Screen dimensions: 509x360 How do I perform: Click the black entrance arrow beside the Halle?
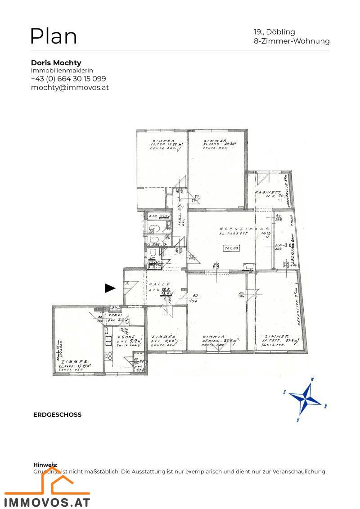pos(110,288)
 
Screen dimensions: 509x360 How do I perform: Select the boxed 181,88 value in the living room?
pos(234,248)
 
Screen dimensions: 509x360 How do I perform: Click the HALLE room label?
pos(159,284)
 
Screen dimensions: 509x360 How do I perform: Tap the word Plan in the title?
pos(54,36)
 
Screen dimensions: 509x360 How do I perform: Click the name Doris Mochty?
pos(56,63)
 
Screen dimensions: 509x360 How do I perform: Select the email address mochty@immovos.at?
pos(70,87)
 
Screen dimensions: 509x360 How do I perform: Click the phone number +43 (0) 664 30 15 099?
pos(68,79)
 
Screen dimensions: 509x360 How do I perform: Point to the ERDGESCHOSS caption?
pos(57,414)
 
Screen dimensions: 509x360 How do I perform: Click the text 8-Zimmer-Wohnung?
pos(292,41)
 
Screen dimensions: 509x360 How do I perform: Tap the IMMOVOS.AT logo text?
pos(47,502)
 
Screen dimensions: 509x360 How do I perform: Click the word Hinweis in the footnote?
pos(45,465)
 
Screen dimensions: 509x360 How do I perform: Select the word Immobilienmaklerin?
pos(62,71)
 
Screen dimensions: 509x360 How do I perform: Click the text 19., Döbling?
pos(274,32)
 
